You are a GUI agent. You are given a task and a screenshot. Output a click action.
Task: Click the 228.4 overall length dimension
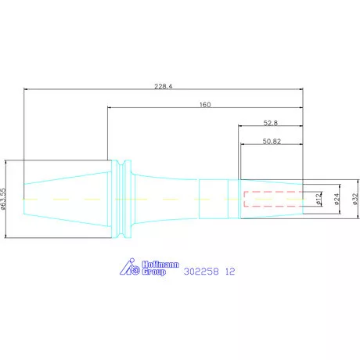(164, 86)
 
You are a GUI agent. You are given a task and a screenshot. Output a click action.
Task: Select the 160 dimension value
(205, 105)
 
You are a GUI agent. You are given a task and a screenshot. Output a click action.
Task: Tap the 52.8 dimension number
(271, 123)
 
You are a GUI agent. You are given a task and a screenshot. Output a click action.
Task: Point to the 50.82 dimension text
(272, 141)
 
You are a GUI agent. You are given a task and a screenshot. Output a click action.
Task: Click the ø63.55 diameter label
(3, 199)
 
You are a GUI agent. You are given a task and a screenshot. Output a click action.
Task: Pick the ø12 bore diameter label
(318, 199)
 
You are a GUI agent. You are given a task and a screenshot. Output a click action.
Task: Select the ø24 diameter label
(337, 199)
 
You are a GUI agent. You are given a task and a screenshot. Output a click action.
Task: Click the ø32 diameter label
(355, 199)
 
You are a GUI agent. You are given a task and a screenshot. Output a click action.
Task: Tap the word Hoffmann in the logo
(160, 265)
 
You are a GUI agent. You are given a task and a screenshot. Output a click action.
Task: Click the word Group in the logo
(154, 272)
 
